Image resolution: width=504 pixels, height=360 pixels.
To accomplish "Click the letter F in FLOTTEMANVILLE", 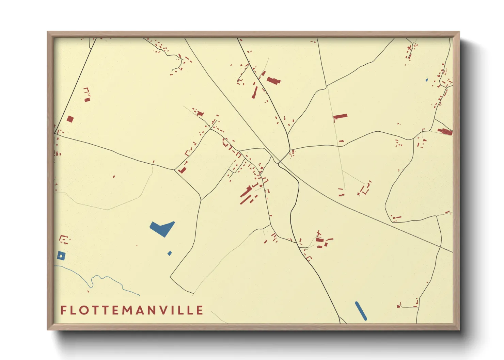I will (63, 310).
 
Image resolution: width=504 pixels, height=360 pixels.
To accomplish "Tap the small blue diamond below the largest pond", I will (170, 253).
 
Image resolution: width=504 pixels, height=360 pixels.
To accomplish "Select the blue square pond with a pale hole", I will (61, 256).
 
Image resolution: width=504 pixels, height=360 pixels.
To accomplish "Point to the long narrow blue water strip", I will (361, 311).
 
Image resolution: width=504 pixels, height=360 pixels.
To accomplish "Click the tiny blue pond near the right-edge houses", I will (427, 80).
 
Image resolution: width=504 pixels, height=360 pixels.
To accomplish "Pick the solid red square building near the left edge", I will (70, 119).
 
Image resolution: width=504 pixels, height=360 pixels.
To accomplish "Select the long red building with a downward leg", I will (340, 117).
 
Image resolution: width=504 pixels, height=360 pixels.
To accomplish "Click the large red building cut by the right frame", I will (446, 131).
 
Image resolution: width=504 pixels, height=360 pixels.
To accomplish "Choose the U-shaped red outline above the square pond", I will (63, 239).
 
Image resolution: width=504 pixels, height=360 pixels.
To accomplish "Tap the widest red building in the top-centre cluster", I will (273, 81).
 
